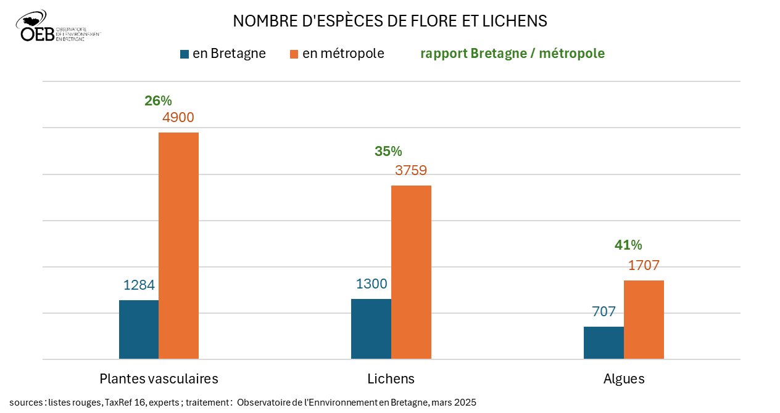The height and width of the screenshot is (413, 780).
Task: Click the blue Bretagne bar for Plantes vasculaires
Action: [x=139, y=329]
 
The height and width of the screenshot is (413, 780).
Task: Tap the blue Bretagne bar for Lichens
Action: [x=371, y=329]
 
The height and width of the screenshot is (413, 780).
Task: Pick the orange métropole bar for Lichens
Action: [x=411, y=272]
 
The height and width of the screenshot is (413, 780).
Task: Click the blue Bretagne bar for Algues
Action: [x=604, y=343]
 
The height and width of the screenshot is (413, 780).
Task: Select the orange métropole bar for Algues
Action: [x=644, y=319]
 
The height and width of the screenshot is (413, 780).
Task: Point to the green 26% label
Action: [x=158, y=100]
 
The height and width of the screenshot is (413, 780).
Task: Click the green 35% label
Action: [x=388, y=151]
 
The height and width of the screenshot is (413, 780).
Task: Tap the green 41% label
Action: [x=628, y=245]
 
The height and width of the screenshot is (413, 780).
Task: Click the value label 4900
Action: [x=178, y=118]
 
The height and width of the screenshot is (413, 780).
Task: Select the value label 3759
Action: [x=411, y=170]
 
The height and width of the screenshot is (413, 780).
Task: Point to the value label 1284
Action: [x=139, y=285]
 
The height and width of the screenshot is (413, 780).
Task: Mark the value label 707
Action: [x=604, y=311]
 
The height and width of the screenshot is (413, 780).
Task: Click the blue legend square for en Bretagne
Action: [x=185, y=54]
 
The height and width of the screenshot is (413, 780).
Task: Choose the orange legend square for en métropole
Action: [x=294, y=54]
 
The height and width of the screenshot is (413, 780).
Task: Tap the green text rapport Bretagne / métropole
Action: [x=512, y=54]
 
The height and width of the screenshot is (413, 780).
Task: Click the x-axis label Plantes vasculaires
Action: [x=159, y=378]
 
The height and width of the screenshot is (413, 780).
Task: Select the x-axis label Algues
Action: [x=624, y=378]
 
